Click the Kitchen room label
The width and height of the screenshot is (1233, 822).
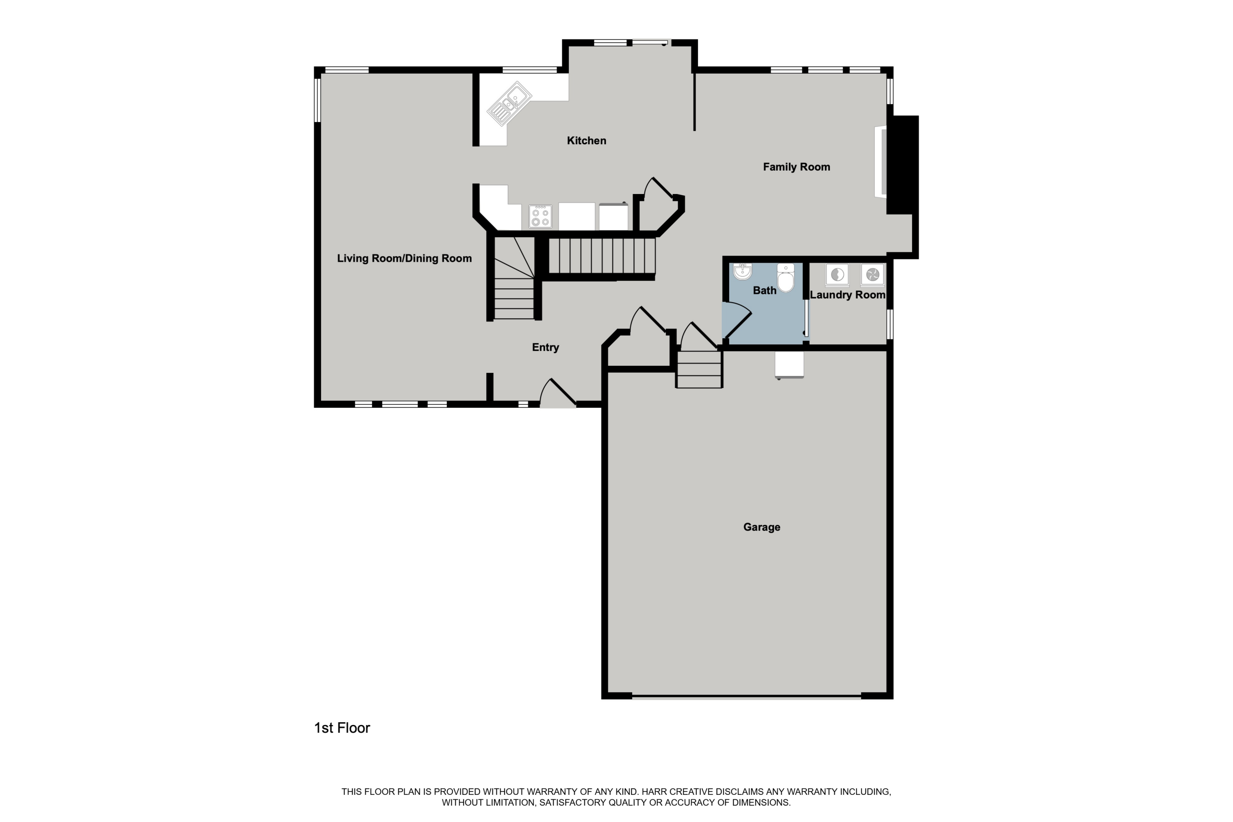click(586, 141)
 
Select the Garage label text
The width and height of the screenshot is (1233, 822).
click(761, 527)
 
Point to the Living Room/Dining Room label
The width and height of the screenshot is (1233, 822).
click(404, 258)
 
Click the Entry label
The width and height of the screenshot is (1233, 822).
click(545, 347)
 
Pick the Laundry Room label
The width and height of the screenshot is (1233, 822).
click(847, 295)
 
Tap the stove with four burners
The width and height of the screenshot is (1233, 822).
click(540, 217)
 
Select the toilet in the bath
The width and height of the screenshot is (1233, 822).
click(785, 278)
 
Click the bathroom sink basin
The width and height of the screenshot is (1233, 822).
click(742, 272)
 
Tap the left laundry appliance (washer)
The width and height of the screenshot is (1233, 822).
click(837, 274)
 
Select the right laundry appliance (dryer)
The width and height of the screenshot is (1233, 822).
click(872, 274)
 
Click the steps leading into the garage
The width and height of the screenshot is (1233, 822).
click(699, 369)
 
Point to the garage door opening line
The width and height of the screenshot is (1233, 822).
click(746, 697)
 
